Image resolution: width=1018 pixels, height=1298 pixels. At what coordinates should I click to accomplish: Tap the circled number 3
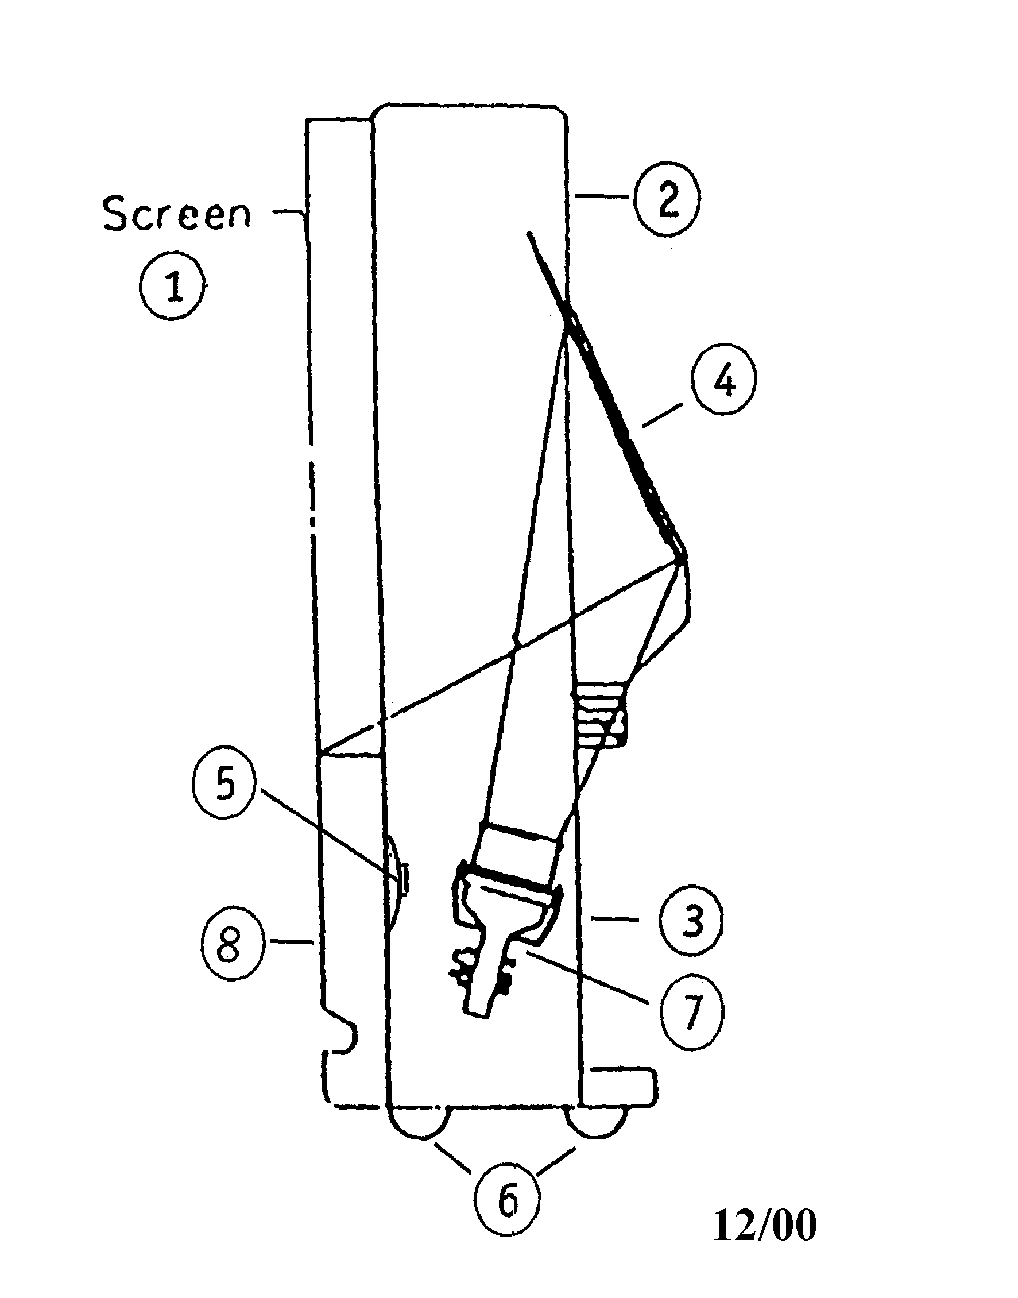690,920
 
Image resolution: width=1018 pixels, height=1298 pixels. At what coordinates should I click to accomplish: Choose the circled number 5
224,785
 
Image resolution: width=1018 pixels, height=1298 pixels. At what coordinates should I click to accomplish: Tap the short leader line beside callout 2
601,196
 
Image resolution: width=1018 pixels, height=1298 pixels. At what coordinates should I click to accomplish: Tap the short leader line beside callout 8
292,941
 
